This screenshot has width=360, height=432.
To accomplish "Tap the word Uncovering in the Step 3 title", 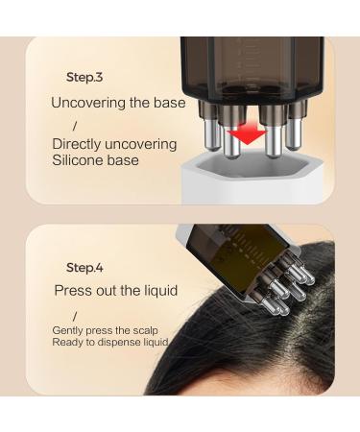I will pos(89,102).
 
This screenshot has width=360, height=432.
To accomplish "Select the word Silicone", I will pos(80,160).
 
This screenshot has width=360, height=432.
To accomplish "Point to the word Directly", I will pos(80,144).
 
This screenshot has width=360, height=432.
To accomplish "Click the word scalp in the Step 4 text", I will pos(143,329).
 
